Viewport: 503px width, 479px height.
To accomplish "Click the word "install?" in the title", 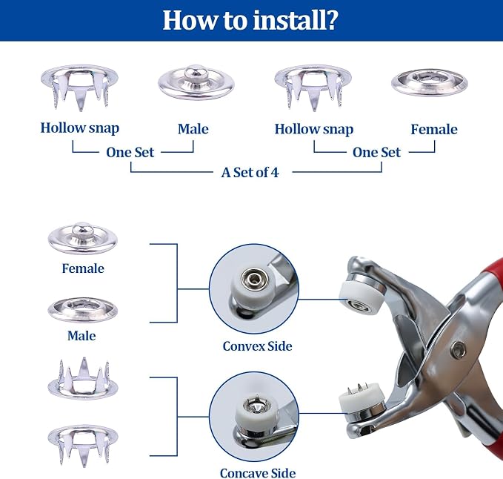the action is pos(295,20).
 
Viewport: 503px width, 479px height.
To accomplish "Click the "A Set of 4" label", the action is pos(250,173).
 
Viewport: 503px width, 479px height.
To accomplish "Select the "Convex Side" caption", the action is pos(257,346).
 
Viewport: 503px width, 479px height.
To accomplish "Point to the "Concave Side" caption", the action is pos(258,473).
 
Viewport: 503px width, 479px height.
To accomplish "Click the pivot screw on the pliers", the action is pos(458,349).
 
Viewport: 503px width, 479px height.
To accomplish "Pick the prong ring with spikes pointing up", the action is pos(83,379).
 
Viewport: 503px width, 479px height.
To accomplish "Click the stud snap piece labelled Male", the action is pos(196,82).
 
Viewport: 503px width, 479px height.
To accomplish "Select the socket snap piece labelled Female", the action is pos(430,82).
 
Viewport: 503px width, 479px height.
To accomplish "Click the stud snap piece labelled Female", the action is pos(83,239).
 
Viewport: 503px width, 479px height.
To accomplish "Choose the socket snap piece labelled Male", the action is pos(83,310).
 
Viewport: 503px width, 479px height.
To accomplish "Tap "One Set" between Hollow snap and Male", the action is pos(130,152).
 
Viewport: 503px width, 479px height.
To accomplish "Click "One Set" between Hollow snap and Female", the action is pos(376,152).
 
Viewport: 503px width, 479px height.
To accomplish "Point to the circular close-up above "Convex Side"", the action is pos(254,288).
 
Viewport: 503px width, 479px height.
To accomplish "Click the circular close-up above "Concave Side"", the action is pos(254,417).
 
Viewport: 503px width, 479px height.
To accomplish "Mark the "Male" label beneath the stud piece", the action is pos(193,129).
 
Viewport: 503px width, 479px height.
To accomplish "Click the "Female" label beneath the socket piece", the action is pos(434,129).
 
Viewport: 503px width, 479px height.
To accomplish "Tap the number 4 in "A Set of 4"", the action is pos(275,173).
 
